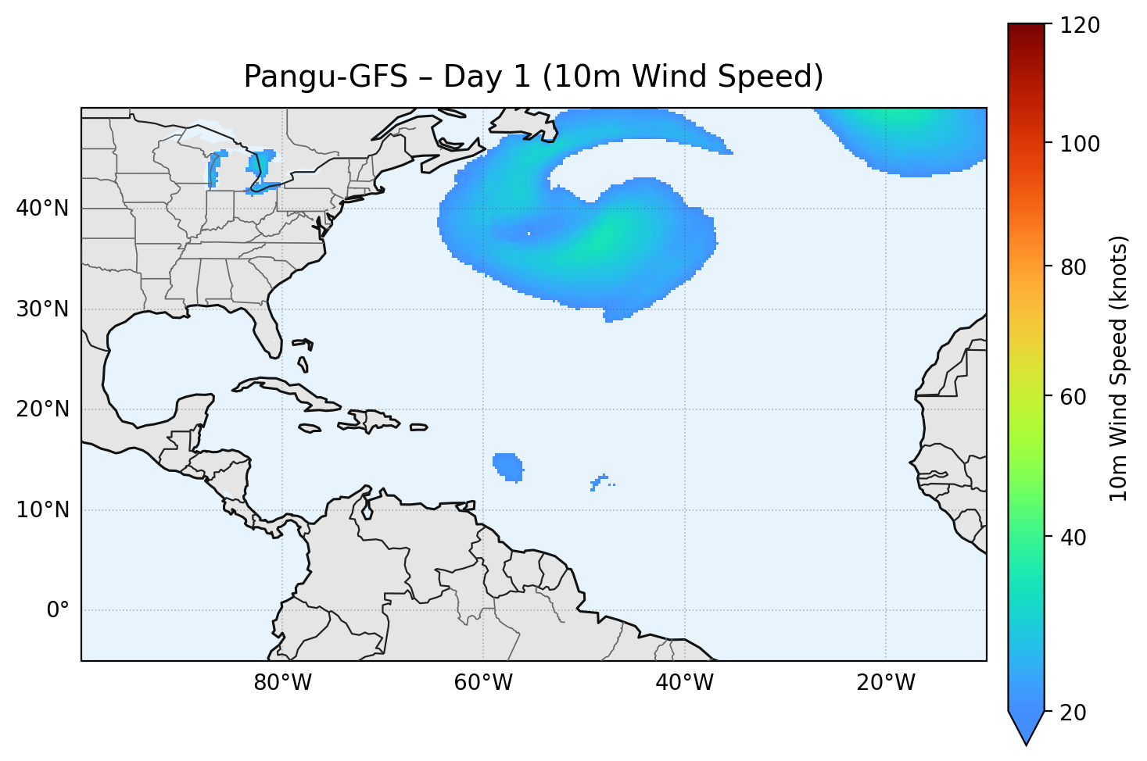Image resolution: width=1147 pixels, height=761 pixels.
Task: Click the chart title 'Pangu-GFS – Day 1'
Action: click(x=533, y=77)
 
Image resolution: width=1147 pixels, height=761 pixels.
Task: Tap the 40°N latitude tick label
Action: click(x=42, y=209)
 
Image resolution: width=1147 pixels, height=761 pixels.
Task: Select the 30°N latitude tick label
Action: click(x=42, y=309)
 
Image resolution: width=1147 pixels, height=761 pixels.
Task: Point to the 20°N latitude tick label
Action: click(x=42, y=409)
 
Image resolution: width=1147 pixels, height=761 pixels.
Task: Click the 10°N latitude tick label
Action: click(x=42, y=510)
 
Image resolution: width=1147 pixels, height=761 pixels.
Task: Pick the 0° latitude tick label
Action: click(x=58, y=610)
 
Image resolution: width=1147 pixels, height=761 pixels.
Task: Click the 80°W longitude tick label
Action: click(x=282, y=683)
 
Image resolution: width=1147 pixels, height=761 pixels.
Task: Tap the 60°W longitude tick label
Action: click(x=483, y=683)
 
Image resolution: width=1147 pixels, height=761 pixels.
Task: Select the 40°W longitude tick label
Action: click(x=684, y=683)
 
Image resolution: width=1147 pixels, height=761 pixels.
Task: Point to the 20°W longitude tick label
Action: click(x=885, y=683)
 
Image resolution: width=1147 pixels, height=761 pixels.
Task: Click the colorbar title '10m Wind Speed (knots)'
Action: click(x=1119, y=369)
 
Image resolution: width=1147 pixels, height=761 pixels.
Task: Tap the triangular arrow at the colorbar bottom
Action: click(x=1026, y=727)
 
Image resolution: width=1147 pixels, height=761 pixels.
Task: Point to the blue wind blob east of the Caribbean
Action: click(x=508, y=466)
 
